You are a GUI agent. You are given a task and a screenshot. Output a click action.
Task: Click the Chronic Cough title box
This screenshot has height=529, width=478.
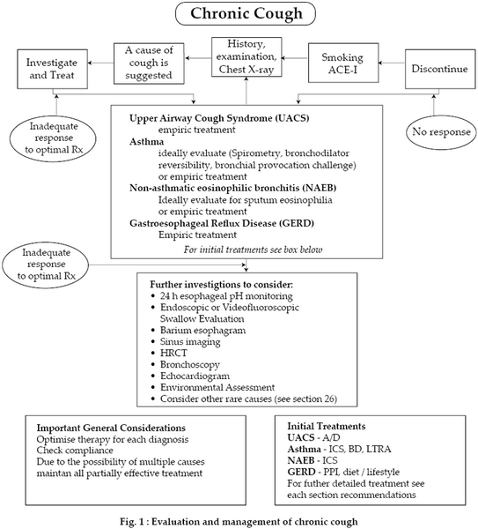click(x=246, y=13)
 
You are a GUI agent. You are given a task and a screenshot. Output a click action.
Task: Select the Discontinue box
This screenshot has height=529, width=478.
click(x=440, y=69)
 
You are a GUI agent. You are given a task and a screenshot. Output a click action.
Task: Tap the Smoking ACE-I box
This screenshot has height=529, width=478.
click(x=343, y=63)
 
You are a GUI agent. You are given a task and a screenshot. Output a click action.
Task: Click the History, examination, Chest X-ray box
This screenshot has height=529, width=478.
click(x=246, y=56)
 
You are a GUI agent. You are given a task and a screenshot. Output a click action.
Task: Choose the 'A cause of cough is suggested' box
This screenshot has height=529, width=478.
click(x=149, y=63)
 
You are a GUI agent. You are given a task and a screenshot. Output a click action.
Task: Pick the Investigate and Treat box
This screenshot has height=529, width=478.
click(x=52, y=69)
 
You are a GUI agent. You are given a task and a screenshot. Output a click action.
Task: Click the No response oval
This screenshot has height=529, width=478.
click(x=441, y=131)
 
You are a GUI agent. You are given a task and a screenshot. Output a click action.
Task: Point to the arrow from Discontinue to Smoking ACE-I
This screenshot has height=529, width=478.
click(x=392, y=63)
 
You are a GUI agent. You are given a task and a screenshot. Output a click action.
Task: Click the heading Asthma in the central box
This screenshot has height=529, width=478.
click(x=146, y=141)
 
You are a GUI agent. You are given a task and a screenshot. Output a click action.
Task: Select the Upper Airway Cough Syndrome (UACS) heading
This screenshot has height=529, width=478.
click(x=219, y=118)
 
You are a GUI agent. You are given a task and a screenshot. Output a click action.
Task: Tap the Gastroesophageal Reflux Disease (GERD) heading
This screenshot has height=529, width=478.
click(x=222, y=223)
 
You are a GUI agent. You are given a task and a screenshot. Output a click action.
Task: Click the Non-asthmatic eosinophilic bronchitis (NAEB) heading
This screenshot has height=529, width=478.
click(x=232, y=188)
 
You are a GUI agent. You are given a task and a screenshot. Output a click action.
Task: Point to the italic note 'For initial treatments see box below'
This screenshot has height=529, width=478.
click(x=253, y=250)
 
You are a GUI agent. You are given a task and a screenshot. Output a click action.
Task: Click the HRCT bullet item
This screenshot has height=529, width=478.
click(x=173, y=353)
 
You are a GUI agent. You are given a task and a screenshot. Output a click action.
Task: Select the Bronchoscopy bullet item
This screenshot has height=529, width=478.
click(x=189, y=364)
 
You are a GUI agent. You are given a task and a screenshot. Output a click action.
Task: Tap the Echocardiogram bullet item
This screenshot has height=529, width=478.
click(x=195, y=376)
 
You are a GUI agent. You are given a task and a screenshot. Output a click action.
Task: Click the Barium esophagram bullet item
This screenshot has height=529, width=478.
click(x=202, y=330)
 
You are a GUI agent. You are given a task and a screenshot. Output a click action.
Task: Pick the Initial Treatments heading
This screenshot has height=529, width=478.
click(x=326, y=426)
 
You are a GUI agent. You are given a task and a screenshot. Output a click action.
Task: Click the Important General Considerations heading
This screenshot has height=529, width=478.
click(x=111, y=428)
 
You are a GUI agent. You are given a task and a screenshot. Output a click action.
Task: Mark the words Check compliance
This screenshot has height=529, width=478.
click(x=75, y=451)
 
